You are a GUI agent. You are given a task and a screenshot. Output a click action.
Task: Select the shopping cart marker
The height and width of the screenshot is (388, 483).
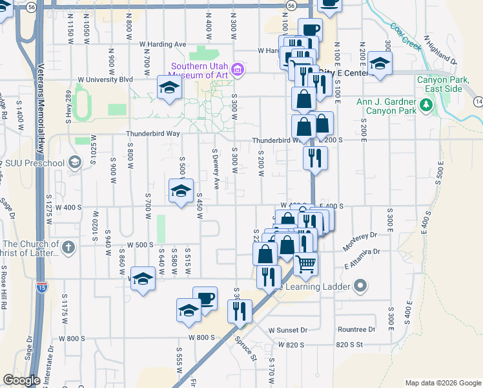pos(305,263)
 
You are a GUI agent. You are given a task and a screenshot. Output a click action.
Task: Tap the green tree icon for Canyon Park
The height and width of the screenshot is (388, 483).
pos(426,105)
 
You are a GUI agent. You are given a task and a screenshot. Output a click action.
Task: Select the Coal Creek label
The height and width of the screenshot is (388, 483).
pos(406,35)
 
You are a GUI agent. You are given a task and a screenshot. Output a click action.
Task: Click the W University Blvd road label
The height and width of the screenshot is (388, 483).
pos(105,80)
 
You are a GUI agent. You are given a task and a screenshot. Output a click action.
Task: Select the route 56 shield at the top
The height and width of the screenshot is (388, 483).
pos(293,5)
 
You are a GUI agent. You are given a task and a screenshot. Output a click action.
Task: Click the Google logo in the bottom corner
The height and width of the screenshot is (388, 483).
pos(21,380)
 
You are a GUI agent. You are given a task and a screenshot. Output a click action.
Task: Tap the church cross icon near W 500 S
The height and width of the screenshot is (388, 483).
pos(68,246)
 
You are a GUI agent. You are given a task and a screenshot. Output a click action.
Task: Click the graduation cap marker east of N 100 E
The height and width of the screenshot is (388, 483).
pos(380,64)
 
